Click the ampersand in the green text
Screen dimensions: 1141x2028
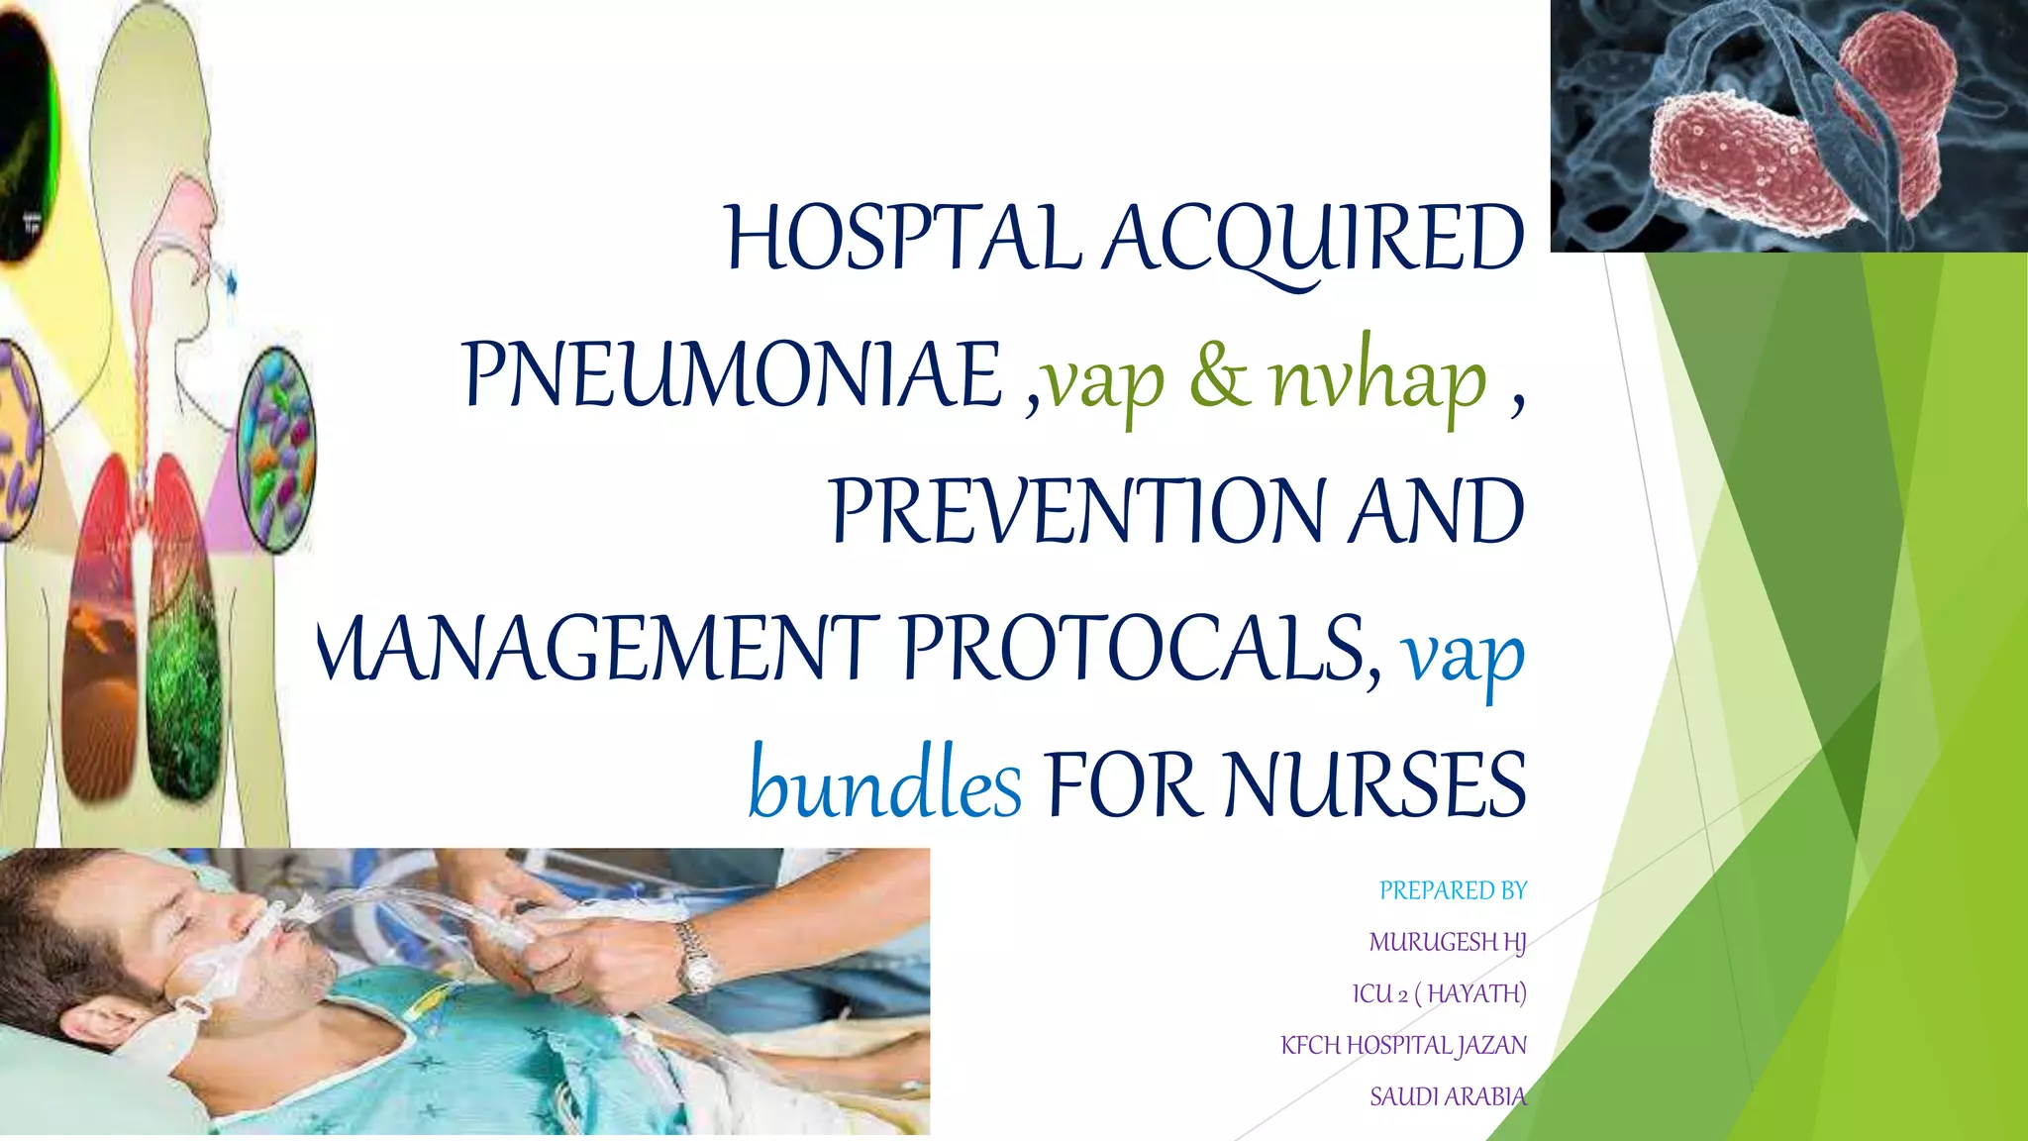[1219, 376]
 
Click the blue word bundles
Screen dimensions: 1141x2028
[884, 784]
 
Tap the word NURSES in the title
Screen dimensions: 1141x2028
[1374, 784]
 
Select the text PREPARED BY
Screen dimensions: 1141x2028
[1453, 890]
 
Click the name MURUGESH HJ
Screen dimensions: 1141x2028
[1447, 942]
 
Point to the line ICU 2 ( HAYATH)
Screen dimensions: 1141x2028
[1439, 993]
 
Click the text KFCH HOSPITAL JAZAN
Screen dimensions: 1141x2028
[1403, 1045]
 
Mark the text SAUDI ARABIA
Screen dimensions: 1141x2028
[1447, 1096]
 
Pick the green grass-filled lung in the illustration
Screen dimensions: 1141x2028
[184, 654]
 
